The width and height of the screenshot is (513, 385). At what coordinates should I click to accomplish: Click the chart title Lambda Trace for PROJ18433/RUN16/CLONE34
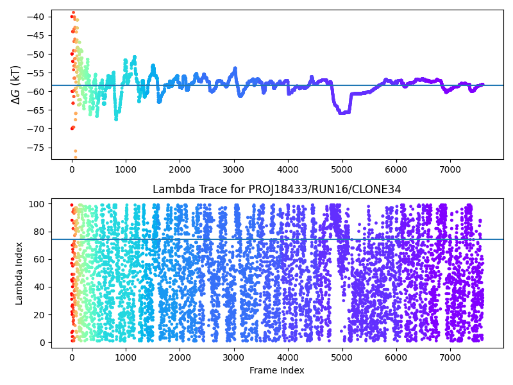coord(276,189)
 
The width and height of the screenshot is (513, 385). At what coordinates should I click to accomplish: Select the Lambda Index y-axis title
coord(19,272)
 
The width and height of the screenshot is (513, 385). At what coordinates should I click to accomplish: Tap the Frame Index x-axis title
coord(277,370)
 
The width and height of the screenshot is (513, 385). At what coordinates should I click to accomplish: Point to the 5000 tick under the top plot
coord(342,169)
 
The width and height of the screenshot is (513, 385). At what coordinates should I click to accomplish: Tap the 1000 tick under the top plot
coord(126,169)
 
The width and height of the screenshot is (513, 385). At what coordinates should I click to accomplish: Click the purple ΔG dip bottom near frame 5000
coord(343,112)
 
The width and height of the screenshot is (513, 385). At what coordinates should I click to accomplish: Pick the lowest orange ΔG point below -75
coord(75,157)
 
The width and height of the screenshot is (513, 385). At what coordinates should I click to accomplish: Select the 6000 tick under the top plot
coord(396,169)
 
